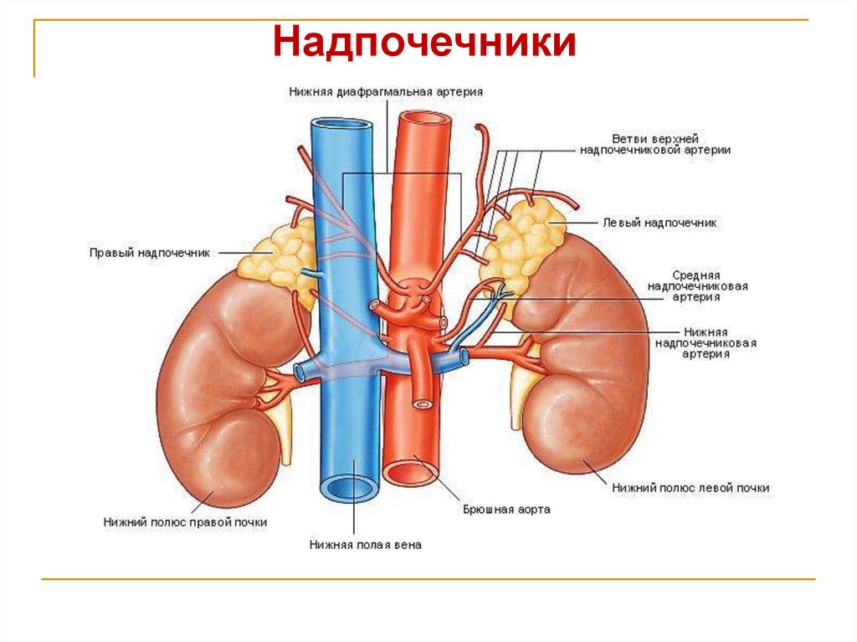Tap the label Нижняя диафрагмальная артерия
pos(386,91)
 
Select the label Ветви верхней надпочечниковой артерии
pos(655,144)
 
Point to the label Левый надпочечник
pos(659,223)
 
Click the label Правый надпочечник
pos(150,251)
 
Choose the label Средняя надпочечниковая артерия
pos(696,285)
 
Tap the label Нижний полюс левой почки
pos(690,487)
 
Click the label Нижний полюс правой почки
pos(186,521)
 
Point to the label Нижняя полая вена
pos(365,545)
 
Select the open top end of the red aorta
pos(425,119)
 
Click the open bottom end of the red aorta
pos(411,473)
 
